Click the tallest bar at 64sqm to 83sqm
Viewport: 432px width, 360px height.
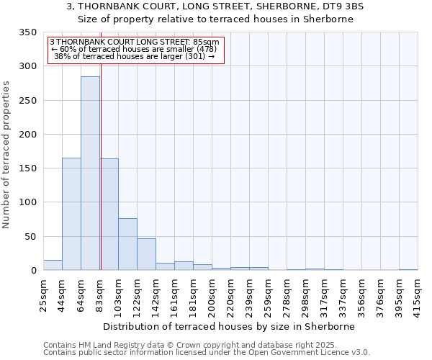click(x=90, y=173)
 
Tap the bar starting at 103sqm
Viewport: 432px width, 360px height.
click(x=127, y=244)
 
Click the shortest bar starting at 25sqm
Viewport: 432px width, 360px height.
click(x=53, y=265)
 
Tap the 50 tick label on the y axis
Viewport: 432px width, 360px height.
click(x=30, y=237)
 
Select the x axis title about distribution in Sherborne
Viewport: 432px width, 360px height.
click(x=230, y=326)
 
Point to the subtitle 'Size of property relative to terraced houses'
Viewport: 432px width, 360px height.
click(x=215, y=19)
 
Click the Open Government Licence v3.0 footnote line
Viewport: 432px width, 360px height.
click(x=207, y=353)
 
